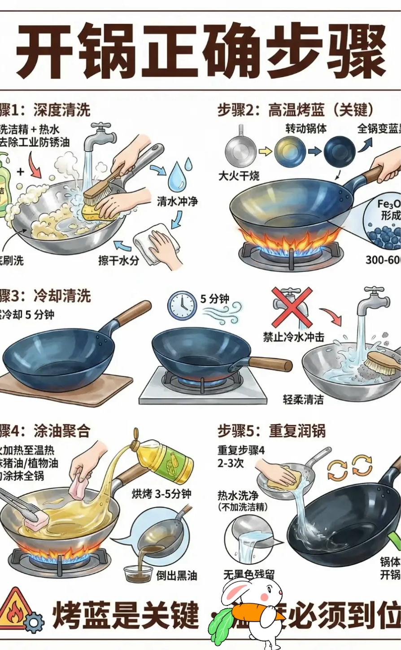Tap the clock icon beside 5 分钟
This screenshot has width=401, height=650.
click(182, 305)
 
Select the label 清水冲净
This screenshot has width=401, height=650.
click(177, 201)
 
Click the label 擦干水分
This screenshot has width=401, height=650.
click(118, 260)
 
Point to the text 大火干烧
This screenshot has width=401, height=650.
click(239, 176)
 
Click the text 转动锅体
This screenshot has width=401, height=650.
click(306, 128)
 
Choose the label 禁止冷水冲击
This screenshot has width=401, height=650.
click(293, 337)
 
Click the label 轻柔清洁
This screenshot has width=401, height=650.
click(303, 399)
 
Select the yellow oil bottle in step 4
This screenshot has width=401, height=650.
click(168, 460)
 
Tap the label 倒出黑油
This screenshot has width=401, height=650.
click(177, 575)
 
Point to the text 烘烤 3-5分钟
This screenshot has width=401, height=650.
click(161, 494)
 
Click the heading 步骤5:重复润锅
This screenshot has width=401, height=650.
click(271, 431)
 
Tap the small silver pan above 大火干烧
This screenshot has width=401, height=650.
click(240, 148)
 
